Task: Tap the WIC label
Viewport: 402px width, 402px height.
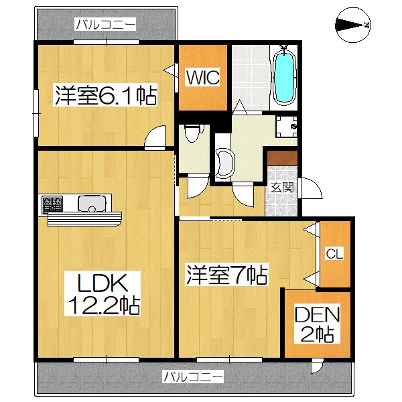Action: [x=202, y=76]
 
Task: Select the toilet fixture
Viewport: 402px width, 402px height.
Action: [x=193, y=134]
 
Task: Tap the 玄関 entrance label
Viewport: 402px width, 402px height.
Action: [x=282, y=188]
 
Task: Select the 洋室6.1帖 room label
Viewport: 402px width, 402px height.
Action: [x=105, y=96]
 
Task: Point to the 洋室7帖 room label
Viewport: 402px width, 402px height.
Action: [x=228, y=274]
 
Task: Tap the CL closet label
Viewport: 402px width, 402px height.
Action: [x=334, y=253]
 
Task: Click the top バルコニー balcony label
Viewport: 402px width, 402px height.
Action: [x=106, y=25]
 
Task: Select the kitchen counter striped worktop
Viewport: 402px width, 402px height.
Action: [x=84, y=218]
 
